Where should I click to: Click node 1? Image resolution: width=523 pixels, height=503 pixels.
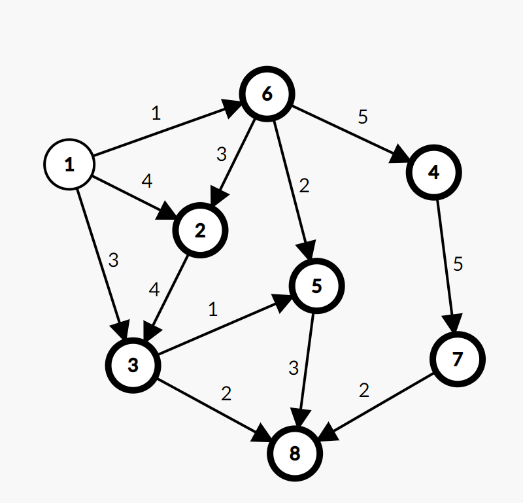coord(69,165)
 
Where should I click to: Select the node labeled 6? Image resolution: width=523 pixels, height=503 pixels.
coord(267,94)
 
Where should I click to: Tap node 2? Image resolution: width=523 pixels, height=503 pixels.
coord(200,230)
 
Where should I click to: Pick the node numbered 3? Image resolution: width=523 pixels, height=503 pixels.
coord(133,365)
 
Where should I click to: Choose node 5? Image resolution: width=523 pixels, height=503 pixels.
coord(316,286)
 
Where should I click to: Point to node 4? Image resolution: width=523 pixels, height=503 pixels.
coord(434,173)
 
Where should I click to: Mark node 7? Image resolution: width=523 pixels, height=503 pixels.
coord(458,358)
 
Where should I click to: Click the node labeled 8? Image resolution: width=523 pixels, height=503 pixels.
coord(295,453)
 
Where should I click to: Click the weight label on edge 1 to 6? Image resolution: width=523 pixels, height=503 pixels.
coord(156,113)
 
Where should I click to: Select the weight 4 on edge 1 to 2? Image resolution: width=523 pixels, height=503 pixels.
coord(147,181)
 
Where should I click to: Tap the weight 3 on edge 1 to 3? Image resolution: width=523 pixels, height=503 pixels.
coord(114,260)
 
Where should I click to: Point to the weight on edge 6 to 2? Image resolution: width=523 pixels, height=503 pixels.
coord(221,154)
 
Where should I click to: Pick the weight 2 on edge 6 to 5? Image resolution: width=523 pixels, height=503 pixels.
coord(303,186)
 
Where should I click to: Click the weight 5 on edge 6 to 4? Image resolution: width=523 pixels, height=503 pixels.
coord(363,117)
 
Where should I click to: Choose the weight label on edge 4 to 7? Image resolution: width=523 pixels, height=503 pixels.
coord(458,264)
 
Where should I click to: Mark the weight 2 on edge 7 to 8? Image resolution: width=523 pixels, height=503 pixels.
coord(364,390)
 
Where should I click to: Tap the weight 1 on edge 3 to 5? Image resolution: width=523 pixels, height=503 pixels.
coord(212,309)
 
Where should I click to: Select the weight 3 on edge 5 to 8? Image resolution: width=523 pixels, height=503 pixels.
coord(294,368)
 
